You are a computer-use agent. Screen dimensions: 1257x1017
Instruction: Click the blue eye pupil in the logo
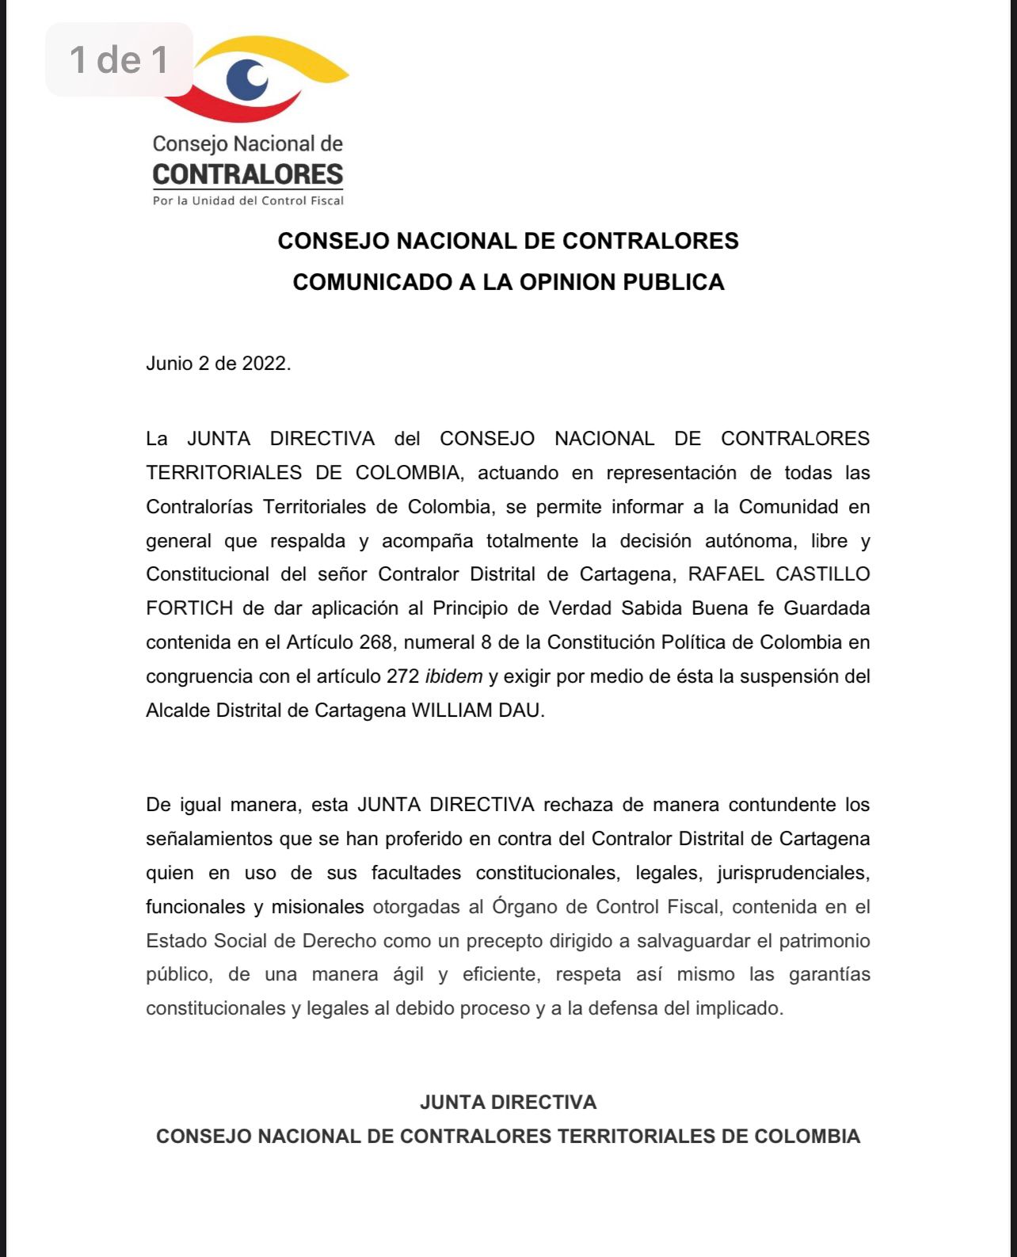[x=246, y=79]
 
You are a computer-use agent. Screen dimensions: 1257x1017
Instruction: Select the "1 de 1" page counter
[x=119, y=59]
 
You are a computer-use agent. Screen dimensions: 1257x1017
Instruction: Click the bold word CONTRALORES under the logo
[x=248, y=174]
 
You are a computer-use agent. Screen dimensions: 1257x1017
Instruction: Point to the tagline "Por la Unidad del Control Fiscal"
[x=248, y=201]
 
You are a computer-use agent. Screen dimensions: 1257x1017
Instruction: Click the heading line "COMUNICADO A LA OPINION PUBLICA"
[x=508, y=283]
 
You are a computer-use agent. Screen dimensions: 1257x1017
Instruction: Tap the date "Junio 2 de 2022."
[x=219, y=364]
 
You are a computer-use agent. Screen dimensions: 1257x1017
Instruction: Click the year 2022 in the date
[x=266, y=364]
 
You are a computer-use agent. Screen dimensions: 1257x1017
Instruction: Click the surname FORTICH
[x=189, y=608]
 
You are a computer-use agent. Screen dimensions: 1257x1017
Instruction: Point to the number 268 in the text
[x=375, y=642]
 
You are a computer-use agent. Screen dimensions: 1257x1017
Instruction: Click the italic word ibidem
[x=454, y=676]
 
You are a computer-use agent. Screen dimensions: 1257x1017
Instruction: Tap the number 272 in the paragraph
[x=402, y=676]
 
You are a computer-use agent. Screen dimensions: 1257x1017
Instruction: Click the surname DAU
[x=522, y=710]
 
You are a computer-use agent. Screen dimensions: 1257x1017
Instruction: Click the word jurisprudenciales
[x=793, y=873]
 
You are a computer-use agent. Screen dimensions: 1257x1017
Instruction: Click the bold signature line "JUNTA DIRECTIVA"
[x=508, y=1103]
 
